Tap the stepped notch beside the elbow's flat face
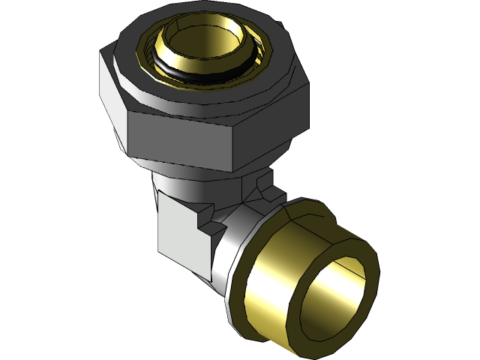click(x=205, y=217)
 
